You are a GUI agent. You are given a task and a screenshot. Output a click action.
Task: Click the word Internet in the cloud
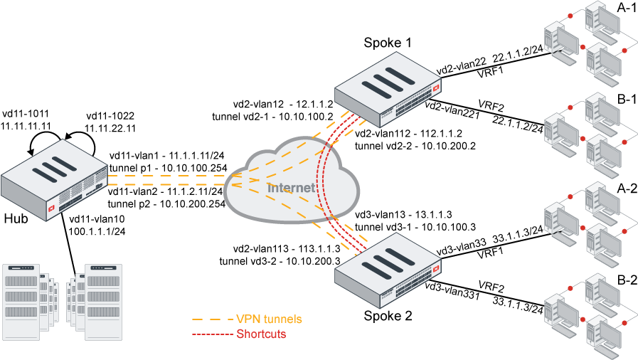point(291,188)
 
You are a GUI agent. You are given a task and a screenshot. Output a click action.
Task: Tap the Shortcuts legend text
point(261,334)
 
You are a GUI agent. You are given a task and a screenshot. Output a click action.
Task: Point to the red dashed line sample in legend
point(211,334)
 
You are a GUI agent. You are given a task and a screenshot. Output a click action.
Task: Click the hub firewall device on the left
point(54,185)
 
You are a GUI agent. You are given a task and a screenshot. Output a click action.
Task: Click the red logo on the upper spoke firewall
point(436,88)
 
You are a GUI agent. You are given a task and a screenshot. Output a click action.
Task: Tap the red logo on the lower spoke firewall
point(436,268)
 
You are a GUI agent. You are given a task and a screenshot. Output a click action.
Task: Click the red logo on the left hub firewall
point(50,210)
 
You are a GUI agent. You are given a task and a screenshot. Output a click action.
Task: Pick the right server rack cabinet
point(104,298)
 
